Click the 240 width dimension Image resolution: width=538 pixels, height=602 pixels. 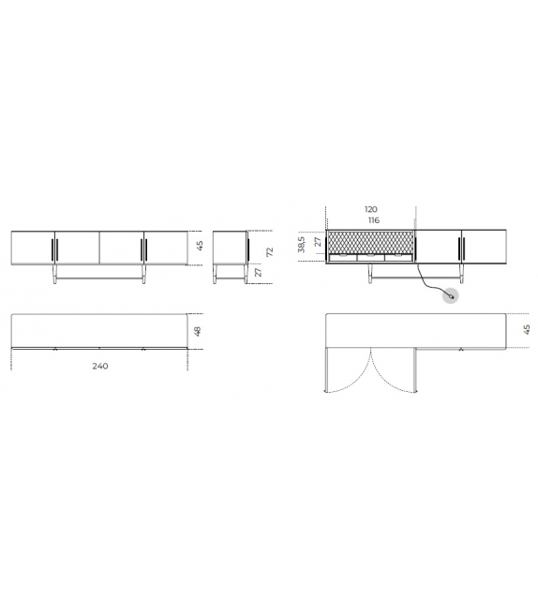click(99, 366)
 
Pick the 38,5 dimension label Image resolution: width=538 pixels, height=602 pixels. click(302, 246)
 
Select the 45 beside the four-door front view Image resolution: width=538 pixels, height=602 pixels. click(199, 247)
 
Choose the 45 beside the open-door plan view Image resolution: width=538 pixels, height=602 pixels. click(527, 329)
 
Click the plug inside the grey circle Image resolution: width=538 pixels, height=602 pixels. click(452, 296)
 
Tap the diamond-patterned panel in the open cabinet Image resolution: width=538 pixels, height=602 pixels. click(369, 242)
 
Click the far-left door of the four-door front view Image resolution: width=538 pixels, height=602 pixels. click(32, 248)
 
